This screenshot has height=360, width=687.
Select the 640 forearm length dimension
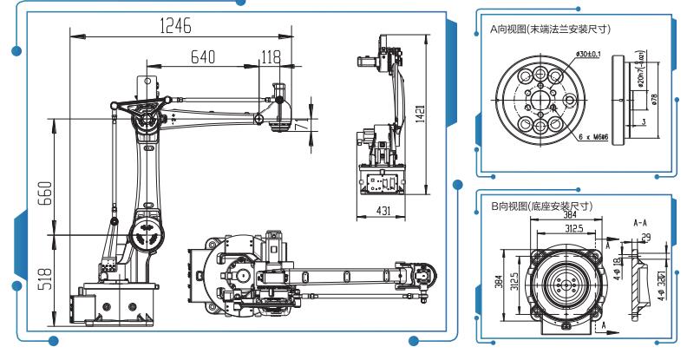(x=203, y=57)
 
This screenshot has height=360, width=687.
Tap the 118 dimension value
(x=271, y=57)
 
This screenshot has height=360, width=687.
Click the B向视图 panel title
(x=541, y=206)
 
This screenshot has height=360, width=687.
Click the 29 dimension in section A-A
(x=645, y=236)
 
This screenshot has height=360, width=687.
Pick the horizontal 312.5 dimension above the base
(x=568, y=230)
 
